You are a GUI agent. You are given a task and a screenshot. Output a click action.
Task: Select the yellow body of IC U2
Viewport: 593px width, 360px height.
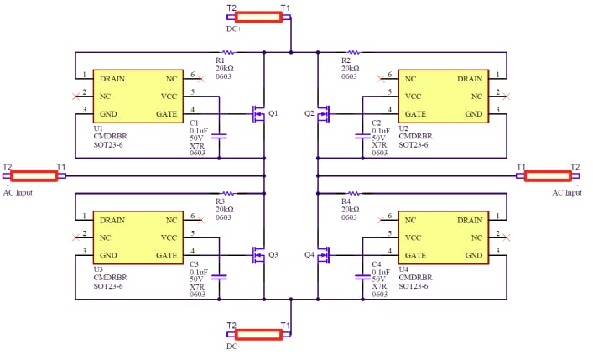[443, 96]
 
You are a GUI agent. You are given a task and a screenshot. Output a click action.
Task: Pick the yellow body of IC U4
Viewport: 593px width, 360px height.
[443, 237]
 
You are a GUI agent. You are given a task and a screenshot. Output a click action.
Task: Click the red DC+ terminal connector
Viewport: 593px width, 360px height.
[258, 17]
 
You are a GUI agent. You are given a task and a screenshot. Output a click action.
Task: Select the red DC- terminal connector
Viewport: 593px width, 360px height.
[258, 333]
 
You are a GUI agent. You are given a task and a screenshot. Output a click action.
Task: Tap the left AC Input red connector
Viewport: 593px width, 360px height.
[34, 175]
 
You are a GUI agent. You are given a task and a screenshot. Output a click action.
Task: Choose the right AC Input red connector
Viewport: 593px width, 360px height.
[548, 175]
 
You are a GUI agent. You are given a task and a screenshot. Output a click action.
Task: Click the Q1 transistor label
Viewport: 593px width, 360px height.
[273, 112]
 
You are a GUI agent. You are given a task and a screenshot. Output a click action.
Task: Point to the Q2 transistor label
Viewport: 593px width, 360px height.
[309, 112]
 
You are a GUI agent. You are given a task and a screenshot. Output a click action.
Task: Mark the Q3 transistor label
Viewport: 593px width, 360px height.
[273, 254]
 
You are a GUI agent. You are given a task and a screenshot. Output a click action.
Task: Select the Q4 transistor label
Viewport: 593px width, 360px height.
[309, 254]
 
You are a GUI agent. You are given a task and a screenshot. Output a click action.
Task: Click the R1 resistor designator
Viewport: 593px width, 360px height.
[220, 60]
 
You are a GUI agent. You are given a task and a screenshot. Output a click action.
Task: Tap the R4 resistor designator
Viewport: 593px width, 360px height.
[346, 202]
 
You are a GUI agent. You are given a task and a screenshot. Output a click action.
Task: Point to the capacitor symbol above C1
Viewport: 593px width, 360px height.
[220, 134]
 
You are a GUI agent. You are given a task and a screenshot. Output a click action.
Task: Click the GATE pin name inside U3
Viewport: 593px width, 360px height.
[167, 254]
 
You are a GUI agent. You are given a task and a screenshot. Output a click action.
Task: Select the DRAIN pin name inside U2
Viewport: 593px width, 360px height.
[469, 79]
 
